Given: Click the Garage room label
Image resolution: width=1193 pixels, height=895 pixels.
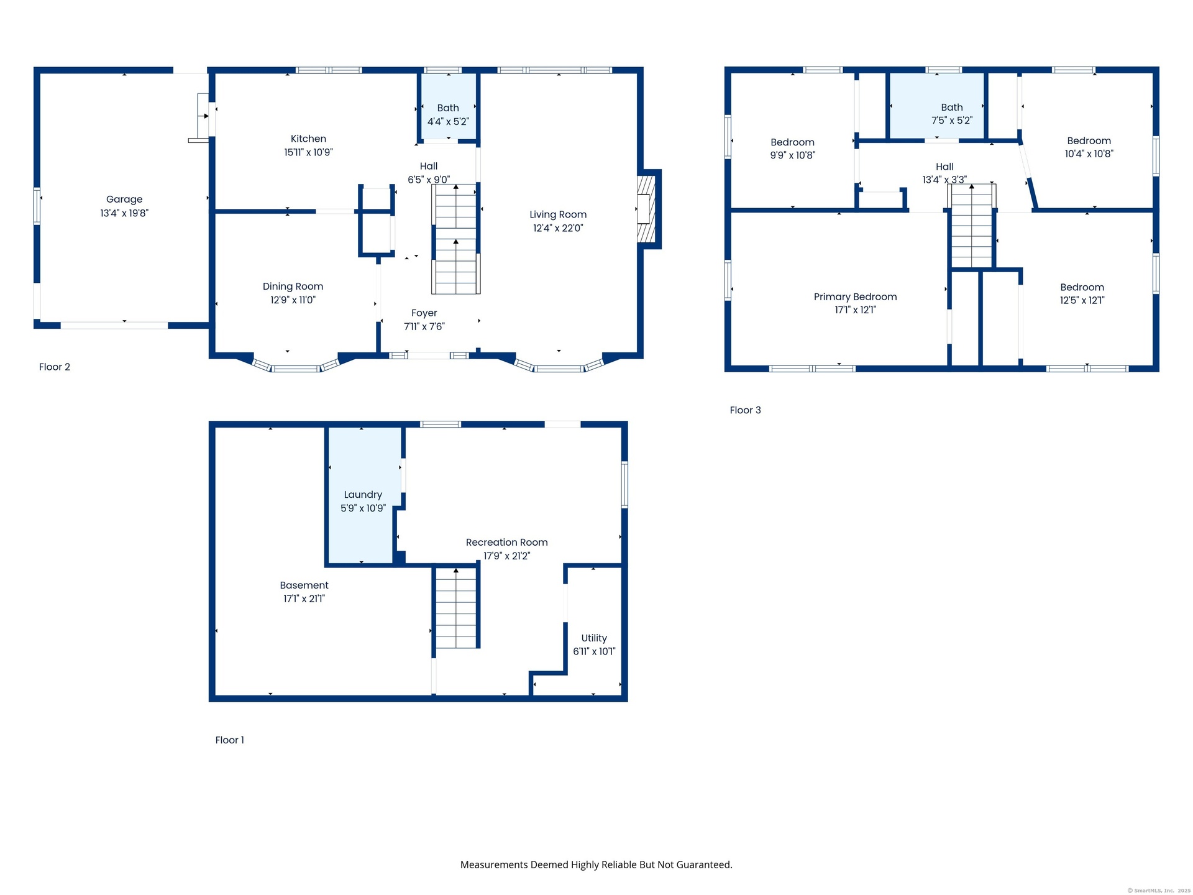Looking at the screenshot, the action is pyautogui.click(x=124, y=200).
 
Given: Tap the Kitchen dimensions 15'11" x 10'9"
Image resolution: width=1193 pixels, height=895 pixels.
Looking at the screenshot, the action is pyautogui.click(x=308, y=152).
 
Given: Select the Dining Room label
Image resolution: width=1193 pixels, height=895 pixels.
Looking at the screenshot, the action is pyautogui.click(x=293, y=287).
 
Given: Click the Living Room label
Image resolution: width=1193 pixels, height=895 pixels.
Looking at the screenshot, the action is pyautogui.click(x=558, y=214).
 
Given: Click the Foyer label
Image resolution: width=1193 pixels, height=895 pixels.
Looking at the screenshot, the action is pyautogui.click(x=424, y=313).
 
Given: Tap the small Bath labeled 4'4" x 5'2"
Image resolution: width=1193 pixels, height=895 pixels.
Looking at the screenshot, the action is pyautogui.click(x=448, y=108).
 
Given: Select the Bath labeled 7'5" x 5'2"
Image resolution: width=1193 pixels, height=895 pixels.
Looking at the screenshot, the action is pyautogui.click(x=952, y=108).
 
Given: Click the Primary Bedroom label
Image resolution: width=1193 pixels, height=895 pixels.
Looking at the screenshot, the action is pyautogui.click(x=856, y=297).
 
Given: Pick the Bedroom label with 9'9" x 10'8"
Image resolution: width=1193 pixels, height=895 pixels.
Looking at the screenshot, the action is pyautogui.click(x=792, y=142).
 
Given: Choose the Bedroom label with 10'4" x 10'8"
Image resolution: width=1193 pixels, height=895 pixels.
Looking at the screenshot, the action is pyautogui.click(x=1089, y=141).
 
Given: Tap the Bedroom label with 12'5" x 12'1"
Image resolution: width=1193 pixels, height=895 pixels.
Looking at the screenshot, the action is pyautogui.click(x=1082, y=287).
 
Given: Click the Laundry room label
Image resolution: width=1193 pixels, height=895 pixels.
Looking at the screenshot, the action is pyautogui.click(x=363, y=495).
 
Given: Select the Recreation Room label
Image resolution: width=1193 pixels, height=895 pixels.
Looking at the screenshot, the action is pyautogui.click(x=507, y=543).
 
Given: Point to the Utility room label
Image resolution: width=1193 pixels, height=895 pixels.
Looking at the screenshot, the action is pyautogui.click(x=594, y=638).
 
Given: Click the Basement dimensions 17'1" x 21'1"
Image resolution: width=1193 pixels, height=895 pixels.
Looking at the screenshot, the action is pyautogui.click(x=304, y=599).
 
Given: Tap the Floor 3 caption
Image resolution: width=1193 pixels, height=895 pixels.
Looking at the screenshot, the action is pyautogui.click(x=745, y=410).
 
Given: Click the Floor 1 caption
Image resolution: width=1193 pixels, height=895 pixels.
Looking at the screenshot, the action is pyautogui.click(x=230, y=740).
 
